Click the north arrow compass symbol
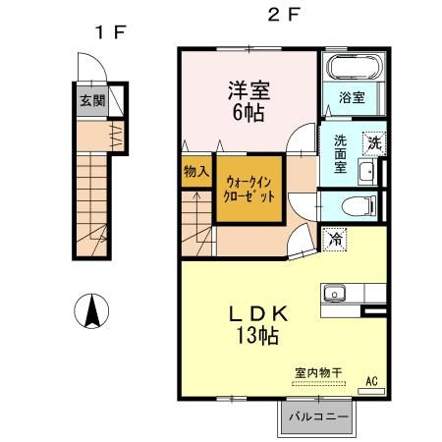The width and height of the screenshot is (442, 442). tap(91, 311)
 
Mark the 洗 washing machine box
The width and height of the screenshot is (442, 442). tap(373, 141)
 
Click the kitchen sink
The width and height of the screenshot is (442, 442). tap(335, 293)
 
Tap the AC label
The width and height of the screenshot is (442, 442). tap(372, 379)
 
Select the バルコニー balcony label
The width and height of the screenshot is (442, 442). tap(317, 417)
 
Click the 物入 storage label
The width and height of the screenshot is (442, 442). tap(195, 172)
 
